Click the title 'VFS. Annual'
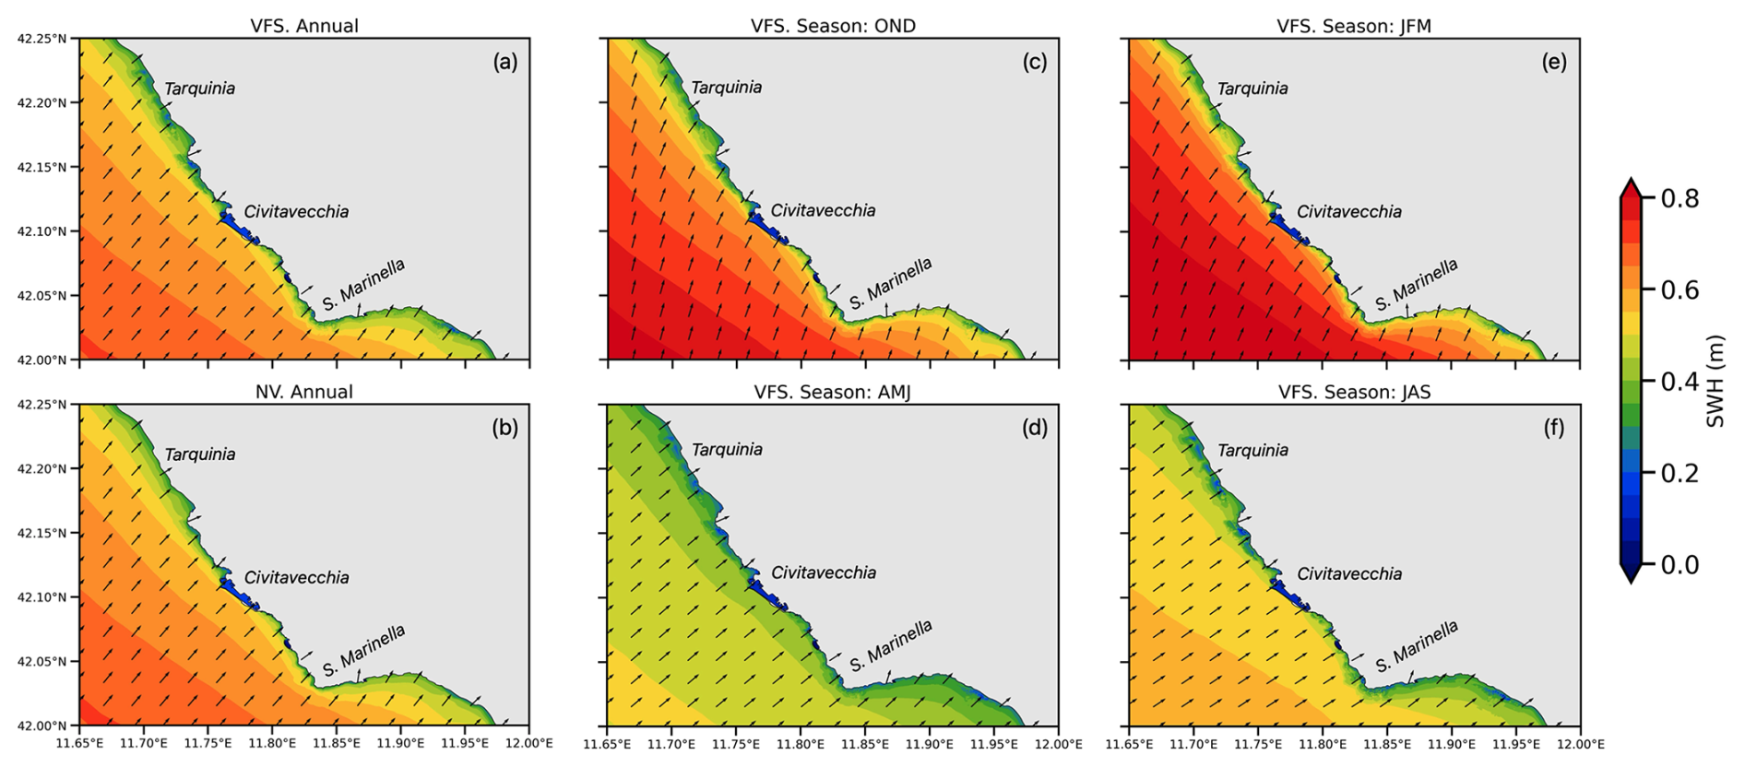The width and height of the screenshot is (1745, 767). [304, 26]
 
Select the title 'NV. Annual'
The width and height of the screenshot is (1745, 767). [304, 392]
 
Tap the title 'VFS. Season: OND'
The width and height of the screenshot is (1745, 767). [833, 26]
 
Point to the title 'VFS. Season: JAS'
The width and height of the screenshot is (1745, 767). [1354, 392]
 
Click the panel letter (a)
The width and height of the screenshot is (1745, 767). [505, 62]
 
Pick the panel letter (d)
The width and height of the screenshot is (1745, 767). [1034, 428]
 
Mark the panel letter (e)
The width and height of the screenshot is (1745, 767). [1554, 62]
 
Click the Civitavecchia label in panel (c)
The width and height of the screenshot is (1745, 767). [823, 210]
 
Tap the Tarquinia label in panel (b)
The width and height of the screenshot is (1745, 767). [199, 454]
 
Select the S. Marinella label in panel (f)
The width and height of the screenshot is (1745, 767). [1417, 646]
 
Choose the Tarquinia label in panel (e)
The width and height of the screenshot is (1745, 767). [1252, 88]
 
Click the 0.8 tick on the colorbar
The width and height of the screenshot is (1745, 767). [1680, 199]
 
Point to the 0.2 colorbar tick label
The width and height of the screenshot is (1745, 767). [1680, 473]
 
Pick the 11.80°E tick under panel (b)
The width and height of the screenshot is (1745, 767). [271, 744]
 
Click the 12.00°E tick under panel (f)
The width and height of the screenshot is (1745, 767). [1579, 744]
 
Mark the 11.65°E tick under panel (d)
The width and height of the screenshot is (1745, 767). [608, 744]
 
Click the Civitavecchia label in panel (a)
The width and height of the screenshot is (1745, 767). [296, 212]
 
